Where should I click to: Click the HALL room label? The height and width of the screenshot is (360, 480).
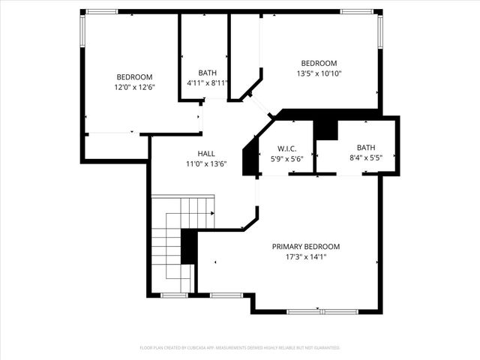click(x=206, y=153)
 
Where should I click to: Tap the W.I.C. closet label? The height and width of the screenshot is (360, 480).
click(x=286, y=148)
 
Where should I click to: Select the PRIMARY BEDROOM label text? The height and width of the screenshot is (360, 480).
click(x=305, y=247)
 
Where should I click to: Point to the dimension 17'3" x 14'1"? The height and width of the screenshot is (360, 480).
click(x=305, y=257)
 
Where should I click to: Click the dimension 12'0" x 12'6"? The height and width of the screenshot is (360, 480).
click(x=134, y=88)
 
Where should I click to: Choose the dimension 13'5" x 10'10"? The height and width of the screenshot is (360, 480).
click(x=319, y=74)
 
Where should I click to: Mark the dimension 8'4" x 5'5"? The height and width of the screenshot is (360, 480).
click(x=366, y=158)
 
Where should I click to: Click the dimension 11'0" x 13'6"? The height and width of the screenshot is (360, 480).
click(x=206, y=163)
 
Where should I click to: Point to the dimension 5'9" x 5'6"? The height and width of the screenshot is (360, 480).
click(x=286, y=159)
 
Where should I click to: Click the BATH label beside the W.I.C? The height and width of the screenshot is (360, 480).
click(x=366, y=148)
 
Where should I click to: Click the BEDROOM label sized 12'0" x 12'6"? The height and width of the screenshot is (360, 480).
click(x=134, y=77)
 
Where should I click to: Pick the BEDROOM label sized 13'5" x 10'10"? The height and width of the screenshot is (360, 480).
click(x=319, y=64)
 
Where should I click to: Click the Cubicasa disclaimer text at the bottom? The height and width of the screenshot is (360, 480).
click(x=240, y=348)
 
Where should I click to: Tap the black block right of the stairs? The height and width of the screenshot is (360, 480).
click(x=189, y=247)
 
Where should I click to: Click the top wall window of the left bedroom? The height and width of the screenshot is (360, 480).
click(x=100, y=12)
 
